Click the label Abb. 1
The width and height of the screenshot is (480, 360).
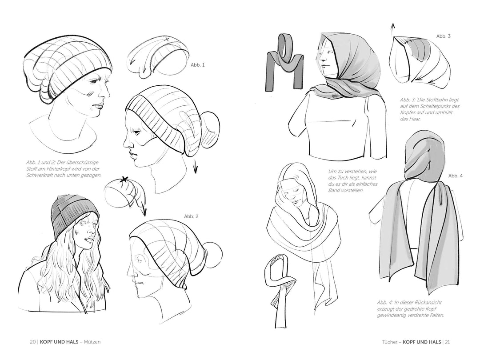click(x=197, y=65)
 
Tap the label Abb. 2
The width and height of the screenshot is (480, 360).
click(x=191, y=216)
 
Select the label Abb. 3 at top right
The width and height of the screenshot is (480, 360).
click(x=443, y=36)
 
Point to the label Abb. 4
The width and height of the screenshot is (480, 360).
click(x=456, y=176)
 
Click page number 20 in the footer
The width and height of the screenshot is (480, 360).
click(x=33, y=342)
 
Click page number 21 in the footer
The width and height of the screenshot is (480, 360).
click(x=447, y=342)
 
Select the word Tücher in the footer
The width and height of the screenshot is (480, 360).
click(x=389, y=342)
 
